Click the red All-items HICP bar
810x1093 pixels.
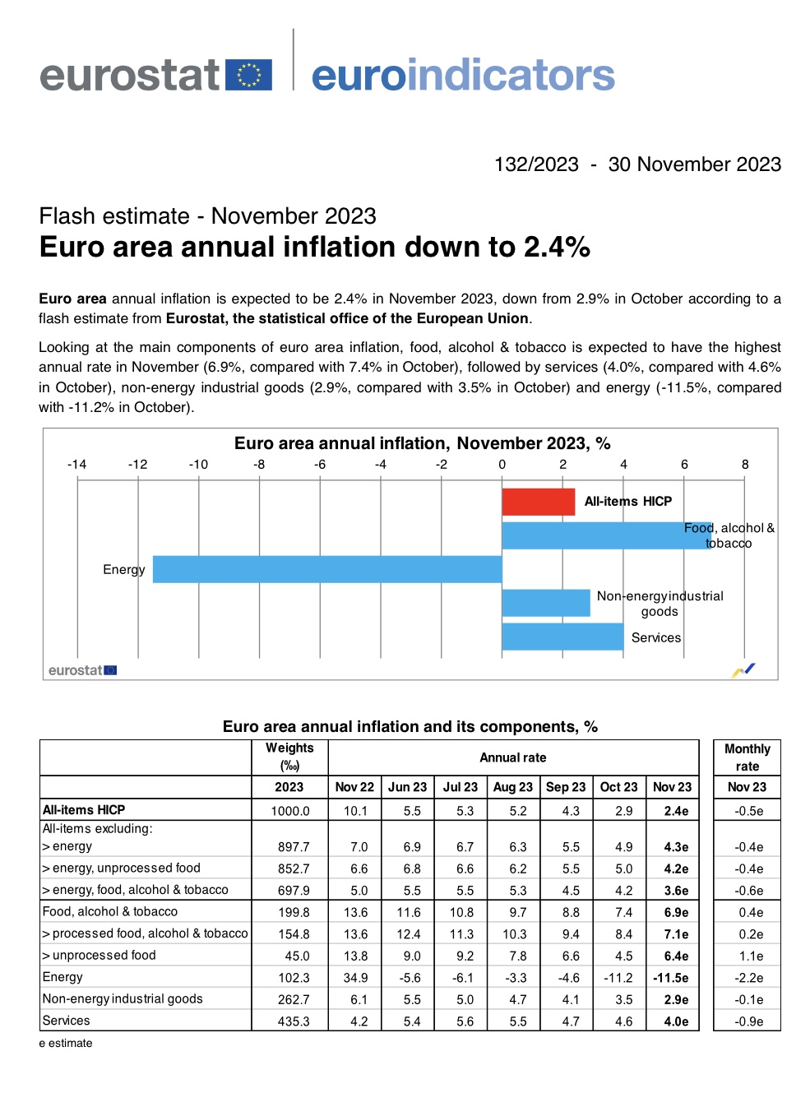click(538, 502)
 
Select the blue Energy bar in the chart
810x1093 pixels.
click(326, 569)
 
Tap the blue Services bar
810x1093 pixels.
click(562, 637)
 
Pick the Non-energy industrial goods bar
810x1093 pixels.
click(545, 603)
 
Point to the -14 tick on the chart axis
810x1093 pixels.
click(77, 465)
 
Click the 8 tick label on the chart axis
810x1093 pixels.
click(745, 465)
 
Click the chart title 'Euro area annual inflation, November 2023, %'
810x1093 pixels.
click(422, 443)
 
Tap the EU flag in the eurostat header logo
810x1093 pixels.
click(248, 75)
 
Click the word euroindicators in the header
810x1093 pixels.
click(463, 76)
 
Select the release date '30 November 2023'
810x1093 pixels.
click(694, 164)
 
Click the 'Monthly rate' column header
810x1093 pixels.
click(747, 757)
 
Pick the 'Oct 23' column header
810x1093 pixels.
click(618, 787)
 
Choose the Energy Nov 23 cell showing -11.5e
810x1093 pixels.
click(671, 978)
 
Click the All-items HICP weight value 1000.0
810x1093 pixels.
click(290, 811)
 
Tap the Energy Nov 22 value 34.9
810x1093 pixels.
click(355, 978)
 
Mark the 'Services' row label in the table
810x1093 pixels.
click(67, 1021)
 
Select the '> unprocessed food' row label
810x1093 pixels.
click(100, 956)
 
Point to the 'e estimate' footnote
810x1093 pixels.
click(66, 1043)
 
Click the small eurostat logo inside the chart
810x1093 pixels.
click(82, 670)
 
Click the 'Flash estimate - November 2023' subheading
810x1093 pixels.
click(207, 216)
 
